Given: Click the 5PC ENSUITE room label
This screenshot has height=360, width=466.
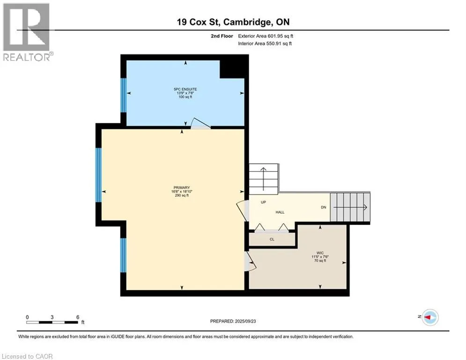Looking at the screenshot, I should [183, 89].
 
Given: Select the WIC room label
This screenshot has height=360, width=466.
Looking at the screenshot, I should [320, 253].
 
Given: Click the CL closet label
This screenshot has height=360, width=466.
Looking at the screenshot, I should [272, 240].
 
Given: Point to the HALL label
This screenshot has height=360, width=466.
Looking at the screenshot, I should [280, 212].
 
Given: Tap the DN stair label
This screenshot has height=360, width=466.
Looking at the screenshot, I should [323, 207].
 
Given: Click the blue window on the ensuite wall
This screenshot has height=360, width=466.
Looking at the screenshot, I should [124, 95].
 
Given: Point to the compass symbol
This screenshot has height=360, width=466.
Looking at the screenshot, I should [429, 317].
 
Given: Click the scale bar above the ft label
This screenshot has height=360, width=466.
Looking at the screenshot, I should [52, 322].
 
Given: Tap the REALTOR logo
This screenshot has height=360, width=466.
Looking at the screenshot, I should [26, 32].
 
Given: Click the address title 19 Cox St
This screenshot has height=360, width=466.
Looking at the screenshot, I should [233, 22].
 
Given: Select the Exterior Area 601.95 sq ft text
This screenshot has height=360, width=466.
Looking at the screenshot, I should [266, 36].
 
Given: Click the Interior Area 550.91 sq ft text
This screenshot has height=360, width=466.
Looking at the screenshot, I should [265, 44].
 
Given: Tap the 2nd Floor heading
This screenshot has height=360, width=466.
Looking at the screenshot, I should [222, 36].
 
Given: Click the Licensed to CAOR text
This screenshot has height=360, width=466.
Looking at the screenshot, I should [28, 356].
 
